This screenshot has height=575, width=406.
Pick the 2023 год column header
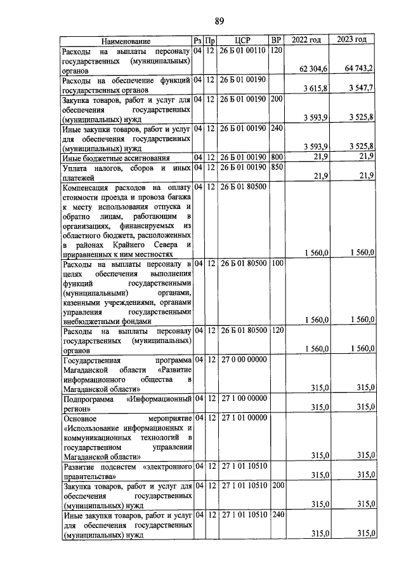[352, 40]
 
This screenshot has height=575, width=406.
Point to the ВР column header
[276, 40]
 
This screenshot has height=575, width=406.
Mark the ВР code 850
[277, 168]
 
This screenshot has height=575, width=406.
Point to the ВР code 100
[277, 262]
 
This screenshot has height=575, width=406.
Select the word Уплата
[75, 168]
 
